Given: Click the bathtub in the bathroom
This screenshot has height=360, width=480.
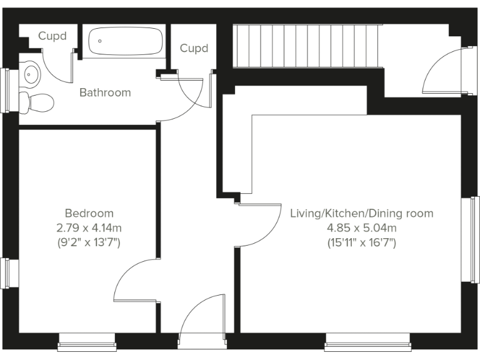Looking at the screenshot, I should click(125, 42).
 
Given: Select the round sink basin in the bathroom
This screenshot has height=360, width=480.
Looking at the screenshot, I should click(31, 75).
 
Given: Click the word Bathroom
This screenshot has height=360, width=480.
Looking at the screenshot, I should click(105, 92).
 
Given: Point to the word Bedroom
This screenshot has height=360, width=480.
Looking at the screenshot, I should click(89, 213).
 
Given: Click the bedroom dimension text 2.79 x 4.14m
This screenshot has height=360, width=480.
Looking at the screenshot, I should click(89, 227).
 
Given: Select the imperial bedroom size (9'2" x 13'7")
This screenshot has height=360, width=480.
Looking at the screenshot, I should click(89, 242).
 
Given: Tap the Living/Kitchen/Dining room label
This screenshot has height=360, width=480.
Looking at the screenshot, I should click(361, 214).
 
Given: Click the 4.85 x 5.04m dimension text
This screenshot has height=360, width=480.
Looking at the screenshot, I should click(361, 227).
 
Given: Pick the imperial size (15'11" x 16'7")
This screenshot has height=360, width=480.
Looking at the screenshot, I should click(361, 242).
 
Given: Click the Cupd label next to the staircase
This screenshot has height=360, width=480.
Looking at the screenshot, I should click(194, 48).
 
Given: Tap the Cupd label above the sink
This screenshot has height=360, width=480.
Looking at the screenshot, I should click(52, 36).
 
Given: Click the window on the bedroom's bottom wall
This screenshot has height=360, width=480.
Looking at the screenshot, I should click(87, 340).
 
